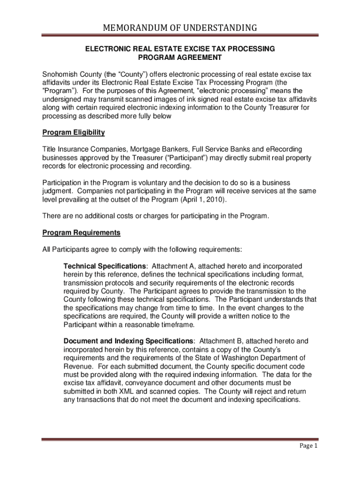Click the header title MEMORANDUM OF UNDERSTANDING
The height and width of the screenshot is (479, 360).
pyautogui.click(x=180, y=28)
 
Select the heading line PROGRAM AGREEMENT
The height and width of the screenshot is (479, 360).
pyautogui.click(x=180, y=58)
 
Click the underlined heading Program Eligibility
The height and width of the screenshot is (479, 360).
pyautogui.click(x=73, y=132)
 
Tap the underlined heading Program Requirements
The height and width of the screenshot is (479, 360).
pyautogui.click(x=81, y=232)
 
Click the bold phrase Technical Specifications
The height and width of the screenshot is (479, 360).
pyautogui.click(x=102, y=266)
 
